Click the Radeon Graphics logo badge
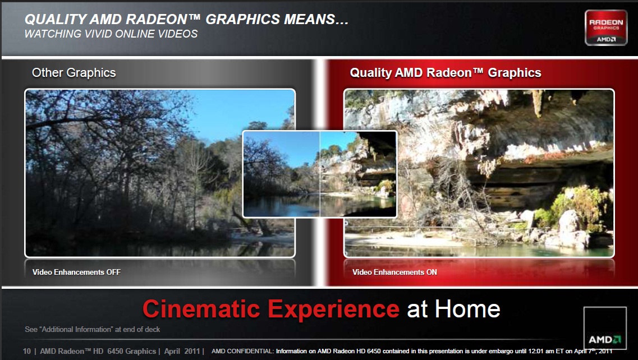click(606, 27)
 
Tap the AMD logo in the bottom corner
click(605, 328)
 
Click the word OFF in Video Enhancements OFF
click(113, 272)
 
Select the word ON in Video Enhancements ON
click(432, 272)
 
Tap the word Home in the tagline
click(467, 309)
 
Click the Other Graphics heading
click(74, 73)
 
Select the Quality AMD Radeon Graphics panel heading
click(446, 73)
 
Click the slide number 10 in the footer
click(27, 351)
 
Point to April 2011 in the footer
click(182, 351)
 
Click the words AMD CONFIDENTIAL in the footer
click(242, 351)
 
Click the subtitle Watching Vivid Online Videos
click(111, 34)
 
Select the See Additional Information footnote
click(93, 330)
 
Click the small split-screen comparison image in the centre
click(320, 174)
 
